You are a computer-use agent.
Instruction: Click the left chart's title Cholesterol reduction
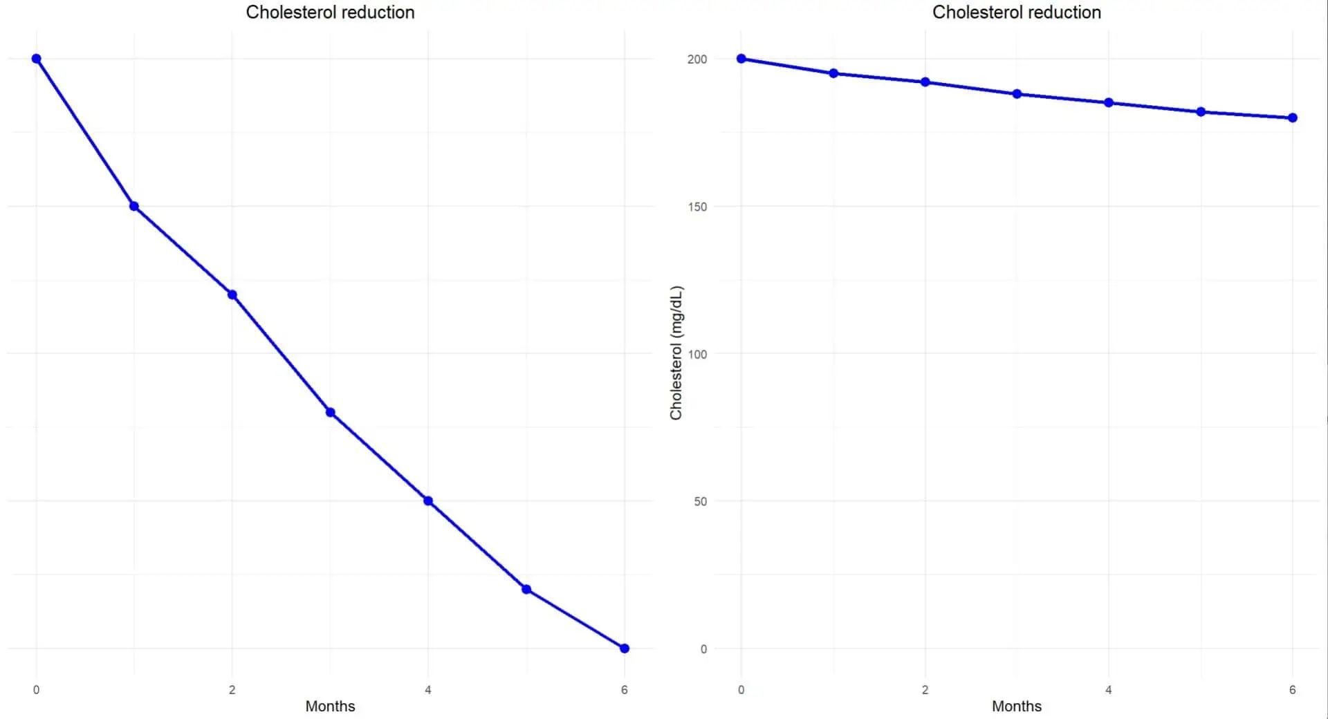point(330,12)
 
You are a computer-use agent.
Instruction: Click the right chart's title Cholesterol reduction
point(1016,12)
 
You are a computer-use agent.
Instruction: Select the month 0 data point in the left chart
point(37,59)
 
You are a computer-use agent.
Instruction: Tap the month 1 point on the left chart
point(134,206)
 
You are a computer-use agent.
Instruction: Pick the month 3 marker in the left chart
point(331,413)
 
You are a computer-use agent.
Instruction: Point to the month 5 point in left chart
point(526,590)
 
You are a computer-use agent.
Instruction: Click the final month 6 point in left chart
point(625,648)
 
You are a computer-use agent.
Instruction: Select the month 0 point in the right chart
point(741,59)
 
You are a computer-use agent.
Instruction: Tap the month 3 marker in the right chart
point(1017,94)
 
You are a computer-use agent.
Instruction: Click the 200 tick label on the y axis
point(697,59)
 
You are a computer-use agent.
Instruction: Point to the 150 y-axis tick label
point(697,207)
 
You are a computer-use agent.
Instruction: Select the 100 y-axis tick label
point(697,354)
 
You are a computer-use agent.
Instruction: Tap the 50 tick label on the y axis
point(700,501)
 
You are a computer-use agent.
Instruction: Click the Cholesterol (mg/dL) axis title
point(676,353)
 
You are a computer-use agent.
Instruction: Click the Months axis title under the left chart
point(330,706)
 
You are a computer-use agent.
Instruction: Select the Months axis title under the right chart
point(1016,706)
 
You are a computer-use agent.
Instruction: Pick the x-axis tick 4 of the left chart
point(428,689)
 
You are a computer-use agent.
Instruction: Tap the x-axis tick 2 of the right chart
point(925,689)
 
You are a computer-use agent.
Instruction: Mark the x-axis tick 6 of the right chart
point(1292,689)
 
